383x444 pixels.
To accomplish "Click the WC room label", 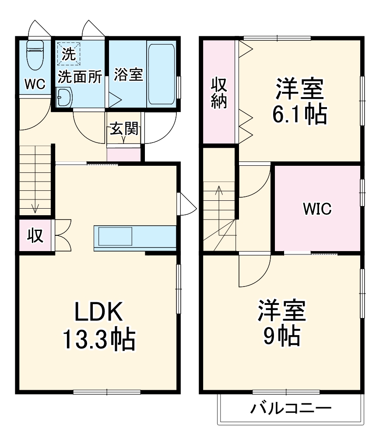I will [35, 84].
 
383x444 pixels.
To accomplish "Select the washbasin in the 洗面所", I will [64, 97].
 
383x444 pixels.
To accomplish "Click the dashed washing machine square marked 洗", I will [68, 54].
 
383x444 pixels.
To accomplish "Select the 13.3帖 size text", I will [98, 339].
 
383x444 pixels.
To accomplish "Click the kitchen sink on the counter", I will [115, 237].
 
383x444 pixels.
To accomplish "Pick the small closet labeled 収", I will [35, 235].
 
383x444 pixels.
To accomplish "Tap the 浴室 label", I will [128, 75].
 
